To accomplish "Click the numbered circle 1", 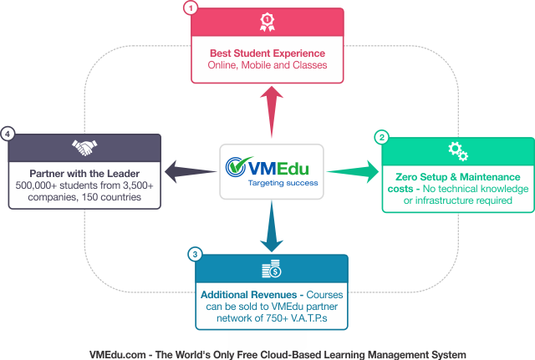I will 192,8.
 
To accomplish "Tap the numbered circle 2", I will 382,137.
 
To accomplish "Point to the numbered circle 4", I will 8,133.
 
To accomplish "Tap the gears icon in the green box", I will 457,150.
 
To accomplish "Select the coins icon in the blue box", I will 269,269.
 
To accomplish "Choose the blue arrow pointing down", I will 270,230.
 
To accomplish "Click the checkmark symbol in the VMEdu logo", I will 236,167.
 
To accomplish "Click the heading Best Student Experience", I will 267,53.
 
